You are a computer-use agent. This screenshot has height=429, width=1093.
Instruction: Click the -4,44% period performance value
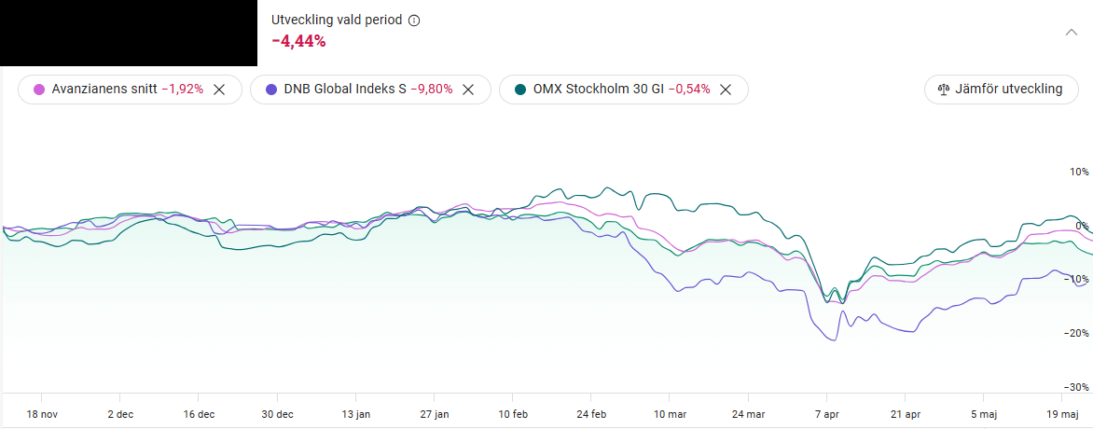click(x=298, y=41)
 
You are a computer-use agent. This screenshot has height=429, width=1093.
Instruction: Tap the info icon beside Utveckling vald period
click(x=414, y=20)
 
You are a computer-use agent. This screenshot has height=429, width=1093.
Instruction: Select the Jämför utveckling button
click(x=1001, y=90)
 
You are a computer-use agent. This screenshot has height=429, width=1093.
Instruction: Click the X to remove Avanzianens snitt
click(x=219, y=90)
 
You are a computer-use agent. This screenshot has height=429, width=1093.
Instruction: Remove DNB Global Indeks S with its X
click(x=469, y=90)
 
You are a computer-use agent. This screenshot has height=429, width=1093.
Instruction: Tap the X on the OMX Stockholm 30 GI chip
click(x=726, y=90)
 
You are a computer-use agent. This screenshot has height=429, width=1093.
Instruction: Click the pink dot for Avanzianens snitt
click(x=39, y=90)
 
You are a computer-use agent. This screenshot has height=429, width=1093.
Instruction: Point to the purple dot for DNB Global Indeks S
click(x=271, y=90)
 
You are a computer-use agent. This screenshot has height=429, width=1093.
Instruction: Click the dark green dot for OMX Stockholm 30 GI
click(x=520, y=90)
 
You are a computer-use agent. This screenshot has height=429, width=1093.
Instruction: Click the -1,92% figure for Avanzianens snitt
click(x=182, y=90)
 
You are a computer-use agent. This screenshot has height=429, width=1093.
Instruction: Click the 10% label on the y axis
click(x=1079, y=173)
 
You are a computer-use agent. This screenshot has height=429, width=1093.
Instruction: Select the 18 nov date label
click(x=43, y=413)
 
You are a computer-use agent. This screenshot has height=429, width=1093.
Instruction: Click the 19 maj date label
click(x=1063, y=413)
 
